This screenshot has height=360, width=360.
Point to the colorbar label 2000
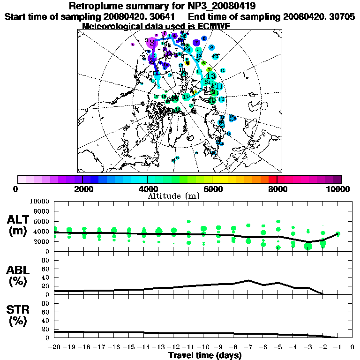point(82,189)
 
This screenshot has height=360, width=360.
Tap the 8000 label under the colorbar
point(277,189)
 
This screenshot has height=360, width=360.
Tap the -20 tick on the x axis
point(55,347)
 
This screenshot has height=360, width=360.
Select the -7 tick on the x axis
point(248,347)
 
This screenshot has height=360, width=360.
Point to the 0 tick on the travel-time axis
point(352,347)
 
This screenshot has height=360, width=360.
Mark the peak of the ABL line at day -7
point(248,280)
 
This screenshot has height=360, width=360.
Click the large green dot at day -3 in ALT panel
point(308,246)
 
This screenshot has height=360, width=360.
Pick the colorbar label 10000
point(338,189)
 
